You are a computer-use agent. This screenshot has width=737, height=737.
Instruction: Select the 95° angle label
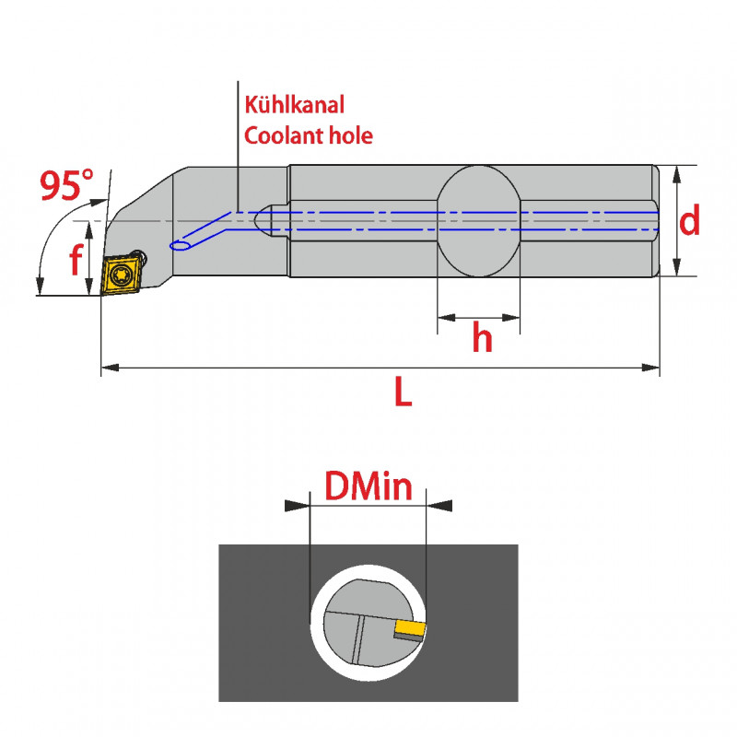click(x=67, y=186)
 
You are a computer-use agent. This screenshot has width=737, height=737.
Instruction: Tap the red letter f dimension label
click(x=75, y=262)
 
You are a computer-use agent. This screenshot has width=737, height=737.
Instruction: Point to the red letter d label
click(x=690, y=221)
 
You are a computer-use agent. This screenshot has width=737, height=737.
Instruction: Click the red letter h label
click(x=482, y=339)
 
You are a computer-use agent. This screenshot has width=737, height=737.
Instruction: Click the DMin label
click(x=368, y=485)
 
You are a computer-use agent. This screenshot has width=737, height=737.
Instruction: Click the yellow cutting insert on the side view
click(x=121, y=275)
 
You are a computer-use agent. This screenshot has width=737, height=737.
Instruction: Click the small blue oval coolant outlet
click(x=181, y=245)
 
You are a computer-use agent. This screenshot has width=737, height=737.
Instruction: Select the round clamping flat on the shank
click(x=478, y=221)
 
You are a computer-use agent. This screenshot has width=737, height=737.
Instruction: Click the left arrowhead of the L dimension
click(x=109, y=368)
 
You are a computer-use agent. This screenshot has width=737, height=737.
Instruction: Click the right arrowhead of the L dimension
click(x=652, y=368)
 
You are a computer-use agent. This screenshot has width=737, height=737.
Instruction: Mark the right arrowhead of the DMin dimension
click(x=442, y=505)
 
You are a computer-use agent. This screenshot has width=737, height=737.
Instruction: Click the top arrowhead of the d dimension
click(x=678, y=173)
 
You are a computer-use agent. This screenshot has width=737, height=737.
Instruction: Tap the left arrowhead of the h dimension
click(x=445, y=318)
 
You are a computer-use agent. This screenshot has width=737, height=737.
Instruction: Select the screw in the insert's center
click(x=121, y=275)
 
